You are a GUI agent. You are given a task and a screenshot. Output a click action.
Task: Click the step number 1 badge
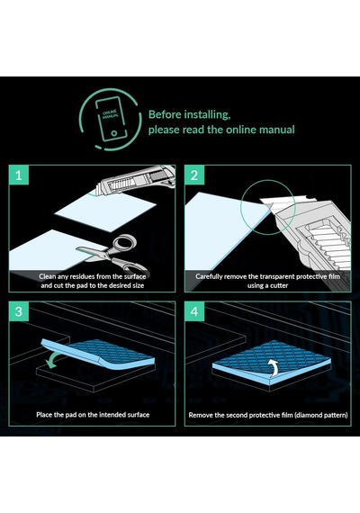19,175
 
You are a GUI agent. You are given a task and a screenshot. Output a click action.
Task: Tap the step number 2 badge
194,175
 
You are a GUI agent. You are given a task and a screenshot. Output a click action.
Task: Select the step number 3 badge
19,311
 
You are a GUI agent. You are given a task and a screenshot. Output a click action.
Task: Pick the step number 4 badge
194,311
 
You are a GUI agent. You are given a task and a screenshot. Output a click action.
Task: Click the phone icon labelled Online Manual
112,119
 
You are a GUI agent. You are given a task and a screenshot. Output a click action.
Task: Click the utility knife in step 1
136,181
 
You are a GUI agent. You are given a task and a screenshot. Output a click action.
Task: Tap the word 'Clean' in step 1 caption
47,276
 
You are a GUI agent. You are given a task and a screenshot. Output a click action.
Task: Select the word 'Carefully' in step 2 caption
209,277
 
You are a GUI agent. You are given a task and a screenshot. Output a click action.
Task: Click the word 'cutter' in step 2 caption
279,285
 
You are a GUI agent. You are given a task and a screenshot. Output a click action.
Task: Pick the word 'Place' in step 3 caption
44,415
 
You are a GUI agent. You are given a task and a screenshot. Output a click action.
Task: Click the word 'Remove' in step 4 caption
201,415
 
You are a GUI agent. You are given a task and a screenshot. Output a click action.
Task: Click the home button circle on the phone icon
113,133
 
